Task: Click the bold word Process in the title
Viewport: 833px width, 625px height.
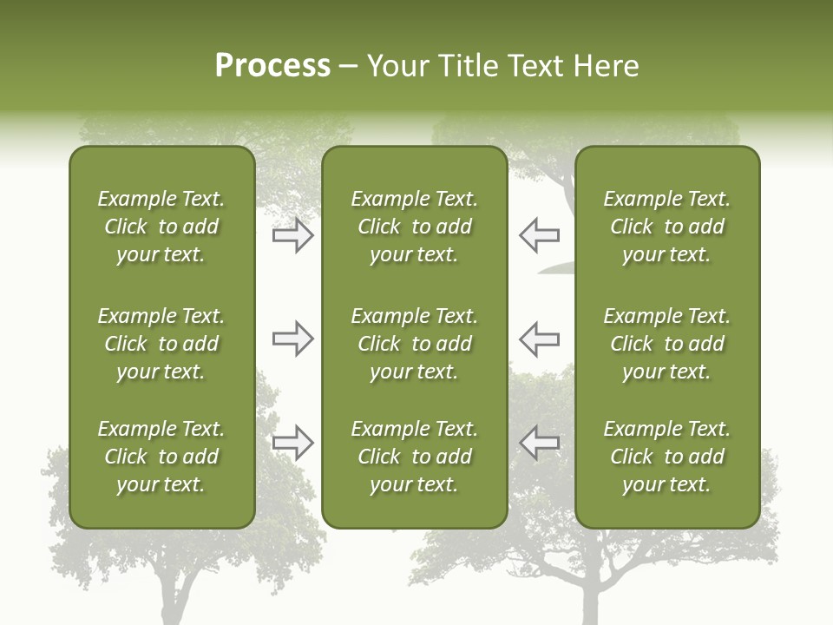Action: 272,66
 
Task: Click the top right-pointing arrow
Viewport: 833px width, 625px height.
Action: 293,235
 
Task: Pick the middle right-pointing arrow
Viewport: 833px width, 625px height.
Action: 293,339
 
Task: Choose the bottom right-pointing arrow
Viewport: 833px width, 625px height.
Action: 293,442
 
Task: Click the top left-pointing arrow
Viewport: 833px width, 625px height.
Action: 539,235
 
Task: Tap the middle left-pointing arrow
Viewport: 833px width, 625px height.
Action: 539,339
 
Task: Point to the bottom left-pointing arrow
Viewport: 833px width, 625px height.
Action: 539,442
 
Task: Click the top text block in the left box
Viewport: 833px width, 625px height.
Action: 161,227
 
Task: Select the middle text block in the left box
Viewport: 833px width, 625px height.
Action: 161,344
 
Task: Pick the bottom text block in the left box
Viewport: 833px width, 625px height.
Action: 161,457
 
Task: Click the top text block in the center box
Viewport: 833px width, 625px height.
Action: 415,227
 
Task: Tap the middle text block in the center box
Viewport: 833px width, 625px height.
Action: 415,344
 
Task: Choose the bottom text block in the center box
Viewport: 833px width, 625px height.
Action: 415,457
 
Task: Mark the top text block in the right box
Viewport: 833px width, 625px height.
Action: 667,227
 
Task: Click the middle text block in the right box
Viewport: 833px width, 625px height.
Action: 667,344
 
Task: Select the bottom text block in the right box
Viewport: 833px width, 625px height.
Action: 667,457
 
